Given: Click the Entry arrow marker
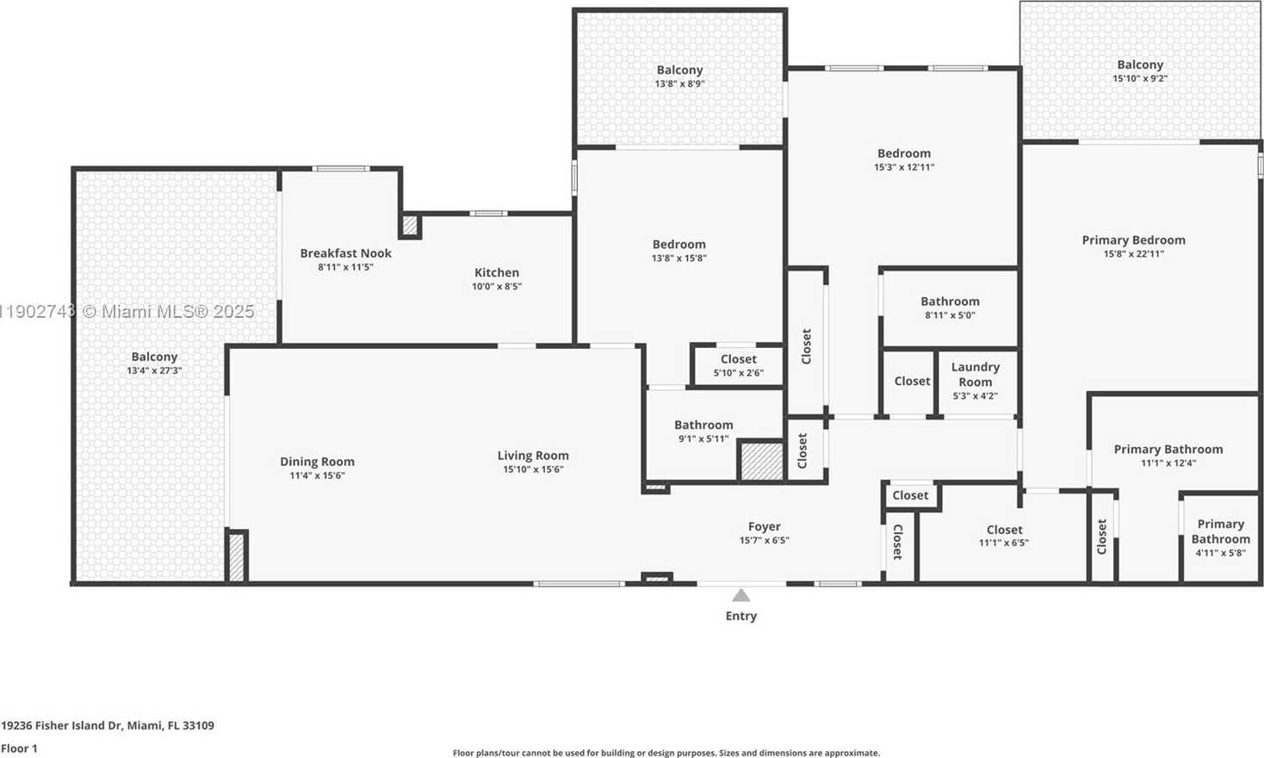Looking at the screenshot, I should coord(740,595).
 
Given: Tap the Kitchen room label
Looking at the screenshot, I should coord(497,272).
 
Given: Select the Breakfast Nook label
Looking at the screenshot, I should coord(345,253).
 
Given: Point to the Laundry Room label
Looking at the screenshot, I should coord(975,374).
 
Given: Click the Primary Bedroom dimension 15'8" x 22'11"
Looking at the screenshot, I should coord(1133,254).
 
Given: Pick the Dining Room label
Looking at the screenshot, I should coord(317,462).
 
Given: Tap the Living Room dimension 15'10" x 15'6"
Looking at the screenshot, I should coord(533,469).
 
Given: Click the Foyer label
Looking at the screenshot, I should coord(764,526).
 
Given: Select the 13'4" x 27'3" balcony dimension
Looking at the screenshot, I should coord(154,370).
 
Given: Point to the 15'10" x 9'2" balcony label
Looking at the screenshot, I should coord(1140,65).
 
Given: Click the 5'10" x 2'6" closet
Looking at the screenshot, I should coord(738,365).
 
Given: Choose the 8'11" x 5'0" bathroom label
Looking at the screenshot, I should coord(950,301).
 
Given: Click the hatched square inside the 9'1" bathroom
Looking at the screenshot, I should coord(761,461).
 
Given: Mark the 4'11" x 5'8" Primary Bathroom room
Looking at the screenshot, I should coord(1220,537).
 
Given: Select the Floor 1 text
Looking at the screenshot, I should coord(20,749).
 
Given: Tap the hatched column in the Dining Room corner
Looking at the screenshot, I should coord(236,557).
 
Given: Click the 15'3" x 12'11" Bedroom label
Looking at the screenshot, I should coord(903,153).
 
